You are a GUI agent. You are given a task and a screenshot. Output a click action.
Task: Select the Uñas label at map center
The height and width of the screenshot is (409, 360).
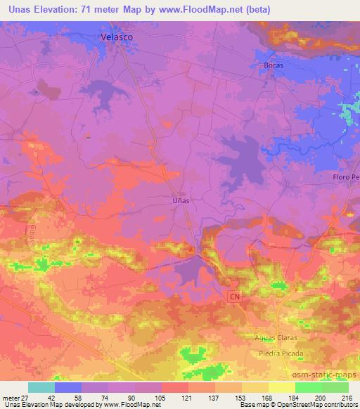tap(181, 199)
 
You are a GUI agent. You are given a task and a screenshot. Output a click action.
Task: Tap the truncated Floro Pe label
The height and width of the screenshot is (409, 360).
tap(346, 177)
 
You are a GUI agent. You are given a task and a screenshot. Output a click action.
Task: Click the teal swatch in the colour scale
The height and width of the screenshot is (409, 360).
tap(41, 387)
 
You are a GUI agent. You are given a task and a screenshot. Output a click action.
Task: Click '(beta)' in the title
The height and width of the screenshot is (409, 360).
tap(262, 8)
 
